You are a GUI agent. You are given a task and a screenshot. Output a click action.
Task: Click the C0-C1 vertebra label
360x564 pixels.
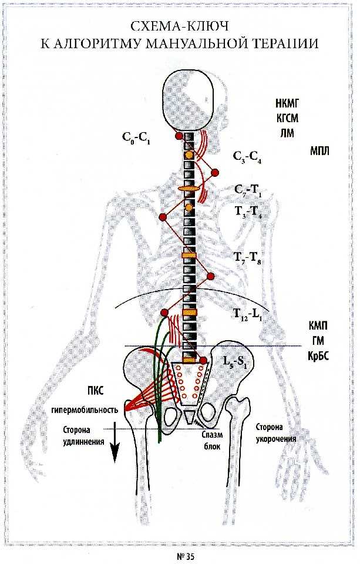136,138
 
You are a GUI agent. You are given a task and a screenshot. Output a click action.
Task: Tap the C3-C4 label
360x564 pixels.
247,157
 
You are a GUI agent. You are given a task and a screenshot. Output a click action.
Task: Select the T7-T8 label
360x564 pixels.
247,257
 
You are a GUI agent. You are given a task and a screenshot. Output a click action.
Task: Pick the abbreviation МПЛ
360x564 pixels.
319,151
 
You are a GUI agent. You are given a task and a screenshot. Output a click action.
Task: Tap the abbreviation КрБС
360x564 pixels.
318,356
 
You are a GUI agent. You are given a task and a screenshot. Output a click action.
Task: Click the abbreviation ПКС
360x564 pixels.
95,390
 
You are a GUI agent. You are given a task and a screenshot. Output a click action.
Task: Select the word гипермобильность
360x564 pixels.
85,409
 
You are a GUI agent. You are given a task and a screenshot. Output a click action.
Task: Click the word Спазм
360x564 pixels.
212,435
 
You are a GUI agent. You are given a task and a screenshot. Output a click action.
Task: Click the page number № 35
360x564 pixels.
186,556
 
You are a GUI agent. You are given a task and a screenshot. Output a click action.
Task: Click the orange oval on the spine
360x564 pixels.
189,189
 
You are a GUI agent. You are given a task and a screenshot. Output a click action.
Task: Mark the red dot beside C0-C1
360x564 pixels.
179,136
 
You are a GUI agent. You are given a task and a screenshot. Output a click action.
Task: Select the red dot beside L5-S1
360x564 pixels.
203,360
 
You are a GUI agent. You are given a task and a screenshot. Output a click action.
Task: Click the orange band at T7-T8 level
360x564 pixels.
189,255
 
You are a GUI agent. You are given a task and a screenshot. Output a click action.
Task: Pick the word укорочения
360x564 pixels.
276,439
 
